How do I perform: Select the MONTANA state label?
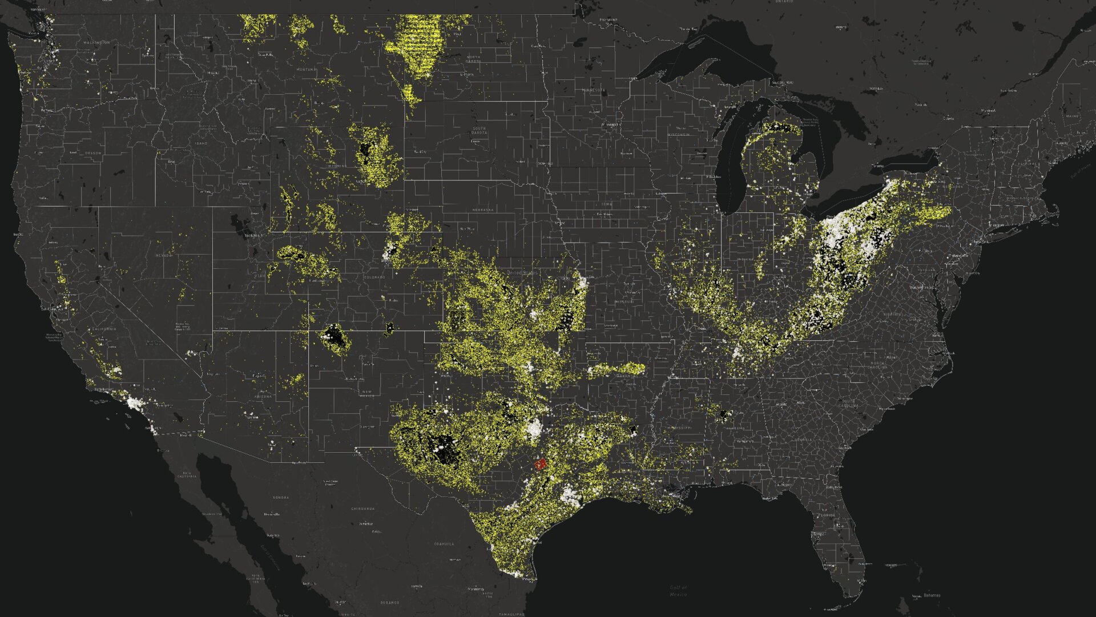click(306, 70)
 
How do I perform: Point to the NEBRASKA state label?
click(482, 210)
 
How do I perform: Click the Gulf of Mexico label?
click(678, 591)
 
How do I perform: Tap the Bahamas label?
click(931, 595)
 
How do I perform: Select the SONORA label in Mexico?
click(281, 498)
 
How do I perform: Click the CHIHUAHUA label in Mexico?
click(363, 509)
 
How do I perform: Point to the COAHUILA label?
click(444, 544)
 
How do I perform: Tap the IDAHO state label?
click(201, 143)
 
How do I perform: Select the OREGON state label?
click(93, 153)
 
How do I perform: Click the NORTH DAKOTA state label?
click(473, 59)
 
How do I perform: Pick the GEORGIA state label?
click(803, 439)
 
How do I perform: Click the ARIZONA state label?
click(263, 396)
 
